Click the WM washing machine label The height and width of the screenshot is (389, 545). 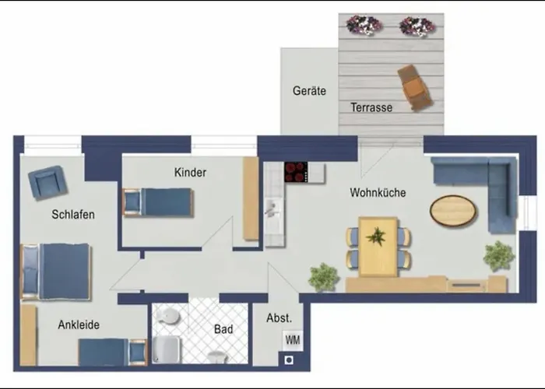293,340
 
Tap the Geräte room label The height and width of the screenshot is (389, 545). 309,91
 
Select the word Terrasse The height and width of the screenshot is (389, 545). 371,107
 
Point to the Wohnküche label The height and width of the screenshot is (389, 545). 378,192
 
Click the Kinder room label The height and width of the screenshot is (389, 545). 190,172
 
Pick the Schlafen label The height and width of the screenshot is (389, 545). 73,214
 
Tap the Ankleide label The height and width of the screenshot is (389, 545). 79,324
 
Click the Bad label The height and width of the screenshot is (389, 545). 223,329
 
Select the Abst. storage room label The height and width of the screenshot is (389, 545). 279,317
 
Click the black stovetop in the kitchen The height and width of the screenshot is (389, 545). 296,172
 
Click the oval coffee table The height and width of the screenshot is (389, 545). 453,211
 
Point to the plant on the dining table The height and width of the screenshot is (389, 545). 376,237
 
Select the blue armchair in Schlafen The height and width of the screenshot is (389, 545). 47,183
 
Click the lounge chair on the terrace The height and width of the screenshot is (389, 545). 415,87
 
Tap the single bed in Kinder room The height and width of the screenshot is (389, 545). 157,202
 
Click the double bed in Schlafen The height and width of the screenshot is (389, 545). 56,272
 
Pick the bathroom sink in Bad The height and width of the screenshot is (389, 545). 168,316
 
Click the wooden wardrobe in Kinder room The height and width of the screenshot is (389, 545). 251,198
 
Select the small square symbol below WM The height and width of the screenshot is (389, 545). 289,360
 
